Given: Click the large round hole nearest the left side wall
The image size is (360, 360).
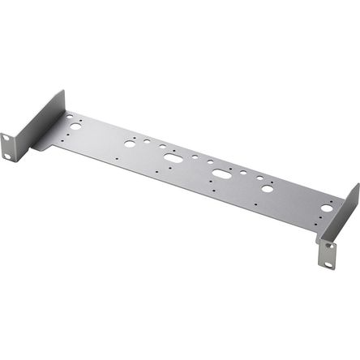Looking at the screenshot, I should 75,126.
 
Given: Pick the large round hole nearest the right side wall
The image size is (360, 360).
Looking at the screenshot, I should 327,208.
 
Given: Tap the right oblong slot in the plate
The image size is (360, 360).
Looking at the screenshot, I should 221,174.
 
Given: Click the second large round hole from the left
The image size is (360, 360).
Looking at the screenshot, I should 130,144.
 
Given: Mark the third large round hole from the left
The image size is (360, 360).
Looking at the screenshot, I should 268,188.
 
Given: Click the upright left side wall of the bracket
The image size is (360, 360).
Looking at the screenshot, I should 41,122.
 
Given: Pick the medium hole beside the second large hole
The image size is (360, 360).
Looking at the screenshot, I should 146,141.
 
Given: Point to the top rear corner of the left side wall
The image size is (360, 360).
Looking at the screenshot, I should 63,92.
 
